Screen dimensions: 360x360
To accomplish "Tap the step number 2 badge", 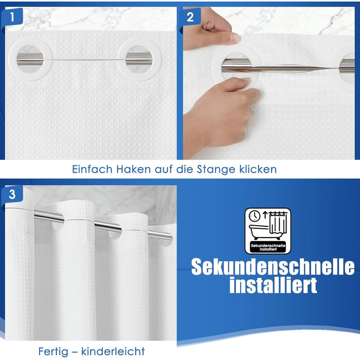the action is pyautogui.click(x=190, y=16).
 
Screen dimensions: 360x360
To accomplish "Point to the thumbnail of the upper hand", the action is pyautogui.click(x=235, y=38).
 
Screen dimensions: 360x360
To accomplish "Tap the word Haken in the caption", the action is pyautogui.click(x=133, y=169).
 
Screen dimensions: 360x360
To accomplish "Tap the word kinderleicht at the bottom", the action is pyautogui.click(x=113, y=351).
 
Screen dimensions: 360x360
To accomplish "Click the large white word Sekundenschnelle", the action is pyautogui.click(x=273, y=267).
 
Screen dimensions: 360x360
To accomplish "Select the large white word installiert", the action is pyautogui.click(x=273, y=285).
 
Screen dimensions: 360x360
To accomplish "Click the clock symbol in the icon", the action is pyautogui.click(x=255, y=216).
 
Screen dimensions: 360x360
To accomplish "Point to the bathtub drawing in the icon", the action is pyautogui.click(x=259, y=232).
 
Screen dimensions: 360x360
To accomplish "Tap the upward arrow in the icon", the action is pyautogui.click(x=265, y=215).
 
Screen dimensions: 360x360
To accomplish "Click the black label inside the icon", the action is pyautogui.click(x=268, y=247).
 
